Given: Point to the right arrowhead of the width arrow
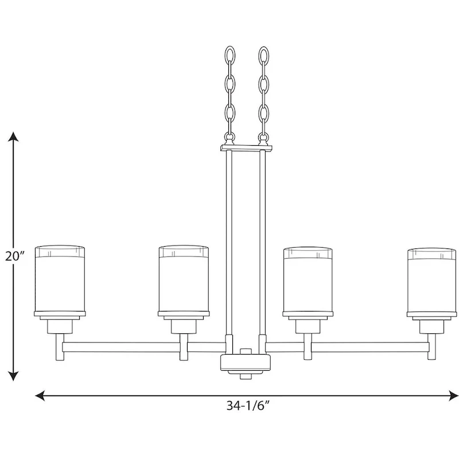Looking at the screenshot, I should point(453,395).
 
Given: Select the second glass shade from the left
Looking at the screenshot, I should point(184,281).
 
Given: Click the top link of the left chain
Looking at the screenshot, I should point(228,58).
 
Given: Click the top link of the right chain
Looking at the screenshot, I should point(264,58).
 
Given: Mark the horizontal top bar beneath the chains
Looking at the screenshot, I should point(246,148).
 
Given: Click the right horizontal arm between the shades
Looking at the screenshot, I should point(370,347).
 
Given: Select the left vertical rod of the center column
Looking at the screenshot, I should point(228,241).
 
